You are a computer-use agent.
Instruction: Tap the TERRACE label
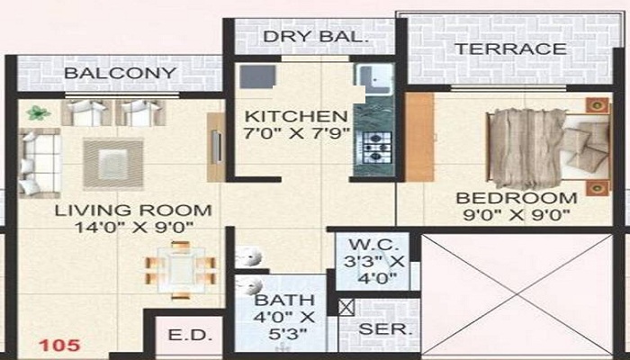tap(510, 49)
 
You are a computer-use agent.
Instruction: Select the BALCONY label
tap(119, 73)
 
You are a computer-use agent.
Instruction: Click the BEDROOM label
tap(516, 198)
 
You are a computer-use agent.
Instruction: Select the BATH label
tap(284, 300)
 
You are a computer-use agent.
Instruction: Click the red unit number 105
tap(60, 345)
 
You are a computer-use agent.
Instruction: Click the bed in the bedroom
tap(541, 148)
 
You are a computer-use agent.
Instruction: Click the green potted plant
tap(37, 112)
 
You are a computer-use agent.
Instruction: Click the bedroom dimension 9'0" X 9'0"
tap(516, 215)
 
